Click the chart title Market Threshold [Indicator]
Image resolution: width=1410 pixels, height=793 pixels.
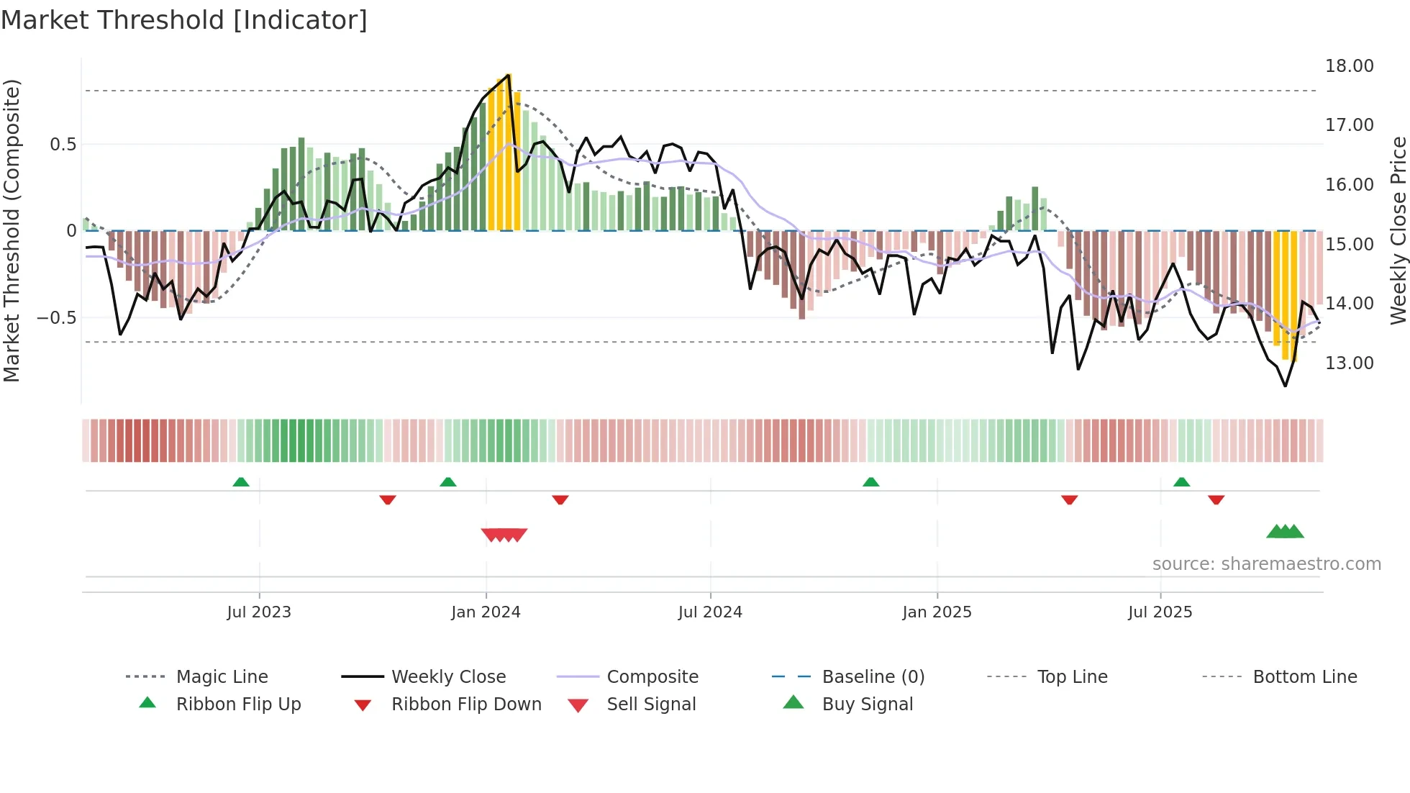coord(184,20)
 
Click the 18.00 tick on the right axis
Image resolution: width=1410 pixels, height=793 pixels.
coord(1349,66)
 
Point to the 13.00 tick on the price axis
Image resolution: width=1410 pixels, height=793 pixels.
coord(1349,363)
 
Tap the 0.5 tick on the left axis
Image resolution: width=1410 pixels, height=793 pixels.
coord(63,145)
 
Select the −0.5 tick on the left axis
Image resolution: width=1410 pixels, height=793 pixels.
coord(57,318)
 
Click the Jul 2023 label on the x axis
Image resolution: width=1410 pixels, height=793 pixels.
coord(259,612)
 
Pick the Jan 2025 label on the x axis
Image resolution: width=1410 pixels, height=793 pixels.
coord(937,612)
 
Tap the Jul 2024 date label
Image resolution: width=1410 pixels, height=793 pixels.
coord(710,612)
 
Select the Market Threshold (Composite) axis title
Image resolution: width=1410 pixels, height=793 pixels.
coord(12,230)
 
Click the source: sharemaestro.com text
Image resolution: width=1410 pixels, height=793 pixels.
coord(1266,564)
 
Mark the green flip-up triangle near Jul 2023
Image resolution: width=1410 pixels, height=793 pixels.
coord(241,482)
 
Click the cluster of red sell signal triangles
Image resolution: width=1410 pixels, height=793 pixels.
coord(504,535)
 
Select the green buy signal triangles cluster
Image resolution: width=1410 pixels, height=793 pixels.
coord(1285,532)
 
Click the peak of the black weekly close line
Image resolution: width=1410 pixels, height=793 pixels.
coord(509,75)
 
